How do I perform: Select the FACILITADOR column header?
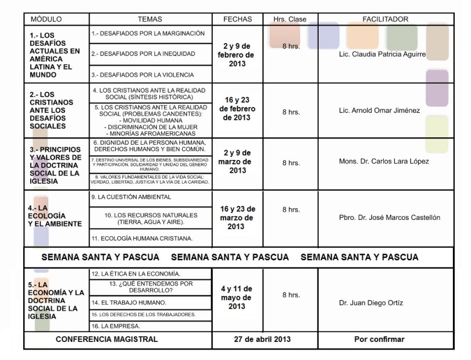pyautogui.click(x=385, y=19)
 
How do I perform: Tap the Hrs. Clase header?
pyautogui.click(x=290, y=19)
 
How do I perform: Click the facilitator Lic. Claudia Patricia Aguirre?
pyautogui.click(x=381, y=55)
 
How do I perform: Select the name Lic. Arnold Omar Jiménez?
pyautogui.click(x=379, y=111)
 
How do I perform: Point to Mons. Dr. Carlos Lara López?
pyautogui.click(x=384, y=161)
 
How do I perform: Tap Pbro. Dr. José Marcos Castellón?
pyautogui.click(x=390, y=218)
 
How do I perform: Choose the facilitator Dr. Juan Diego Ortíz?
pyautogui.click(x=370, y=303)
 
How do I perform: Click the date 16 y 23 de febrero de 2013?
pyautogui.click(x=237, y=109)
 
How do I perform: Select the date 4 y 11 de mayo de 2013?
pyautogui.click(x=237, y=297)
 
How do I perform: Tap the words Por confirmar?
pyautogui.click(x=379, y=339)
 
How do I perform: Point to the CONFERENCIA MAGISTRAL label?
pyautogui.click(x=106, y=339)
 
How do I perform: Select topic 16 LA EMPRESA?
pyautogui.click(x=117, y=326)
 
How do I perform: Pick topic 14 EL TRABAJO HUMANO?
pyautogui.click(x=129, y=302)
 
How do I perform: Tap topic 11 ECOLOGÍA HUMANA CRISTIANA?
pyautogui.click(x=142, y=238)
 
